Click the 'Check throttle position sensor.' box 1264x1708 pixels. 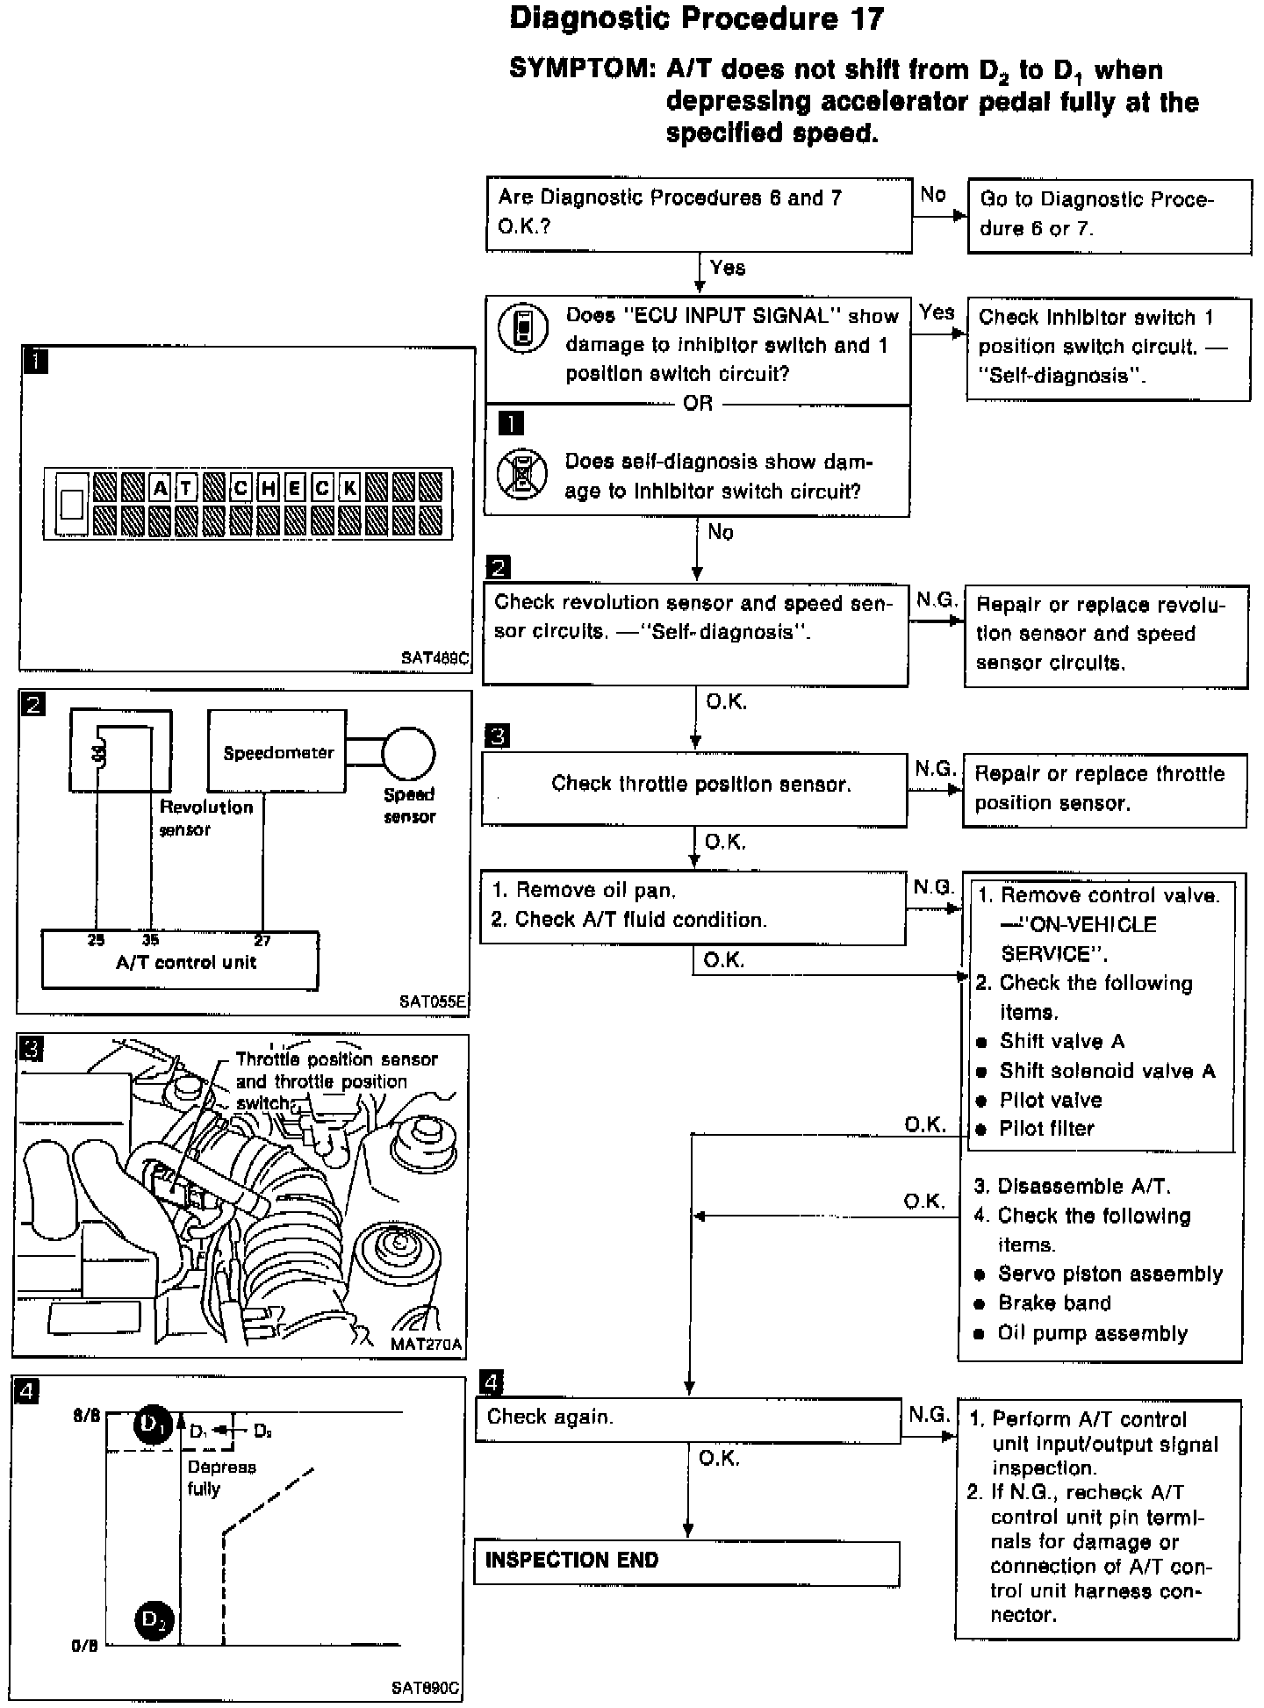tap(694, 786)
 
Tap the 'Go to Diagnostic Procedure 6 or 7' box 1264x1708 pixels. tap(1110, 215)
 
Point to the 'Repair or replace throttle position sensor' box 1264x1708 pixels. tap(1104, 789)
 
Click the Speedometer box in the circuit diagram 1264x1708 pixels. tap(277, 752)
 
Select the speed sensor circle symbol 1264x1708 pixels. tap(408, 753)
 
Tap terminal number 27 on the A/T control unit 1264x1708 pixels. tap(262, 940)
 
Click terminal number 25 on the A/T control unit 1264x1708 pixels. tap(96, 940)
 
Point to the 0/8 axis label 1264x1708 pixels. tap(85, 1646)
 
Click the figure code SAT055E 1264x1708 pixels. tap(434, 1001)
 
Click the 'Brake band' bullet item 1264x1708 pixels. tap(1054, 1303)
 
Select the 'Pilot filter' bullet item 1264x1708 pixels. tap(1046, 1129)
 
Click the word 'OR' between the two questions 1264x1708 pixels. tap(698, 404)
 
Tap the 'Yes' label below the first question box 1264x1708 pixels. tap(728, 269)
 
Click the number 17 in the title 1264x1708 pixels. tap(865, 19)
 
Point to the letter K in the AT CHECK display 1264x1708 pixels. tap(349, 488)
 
